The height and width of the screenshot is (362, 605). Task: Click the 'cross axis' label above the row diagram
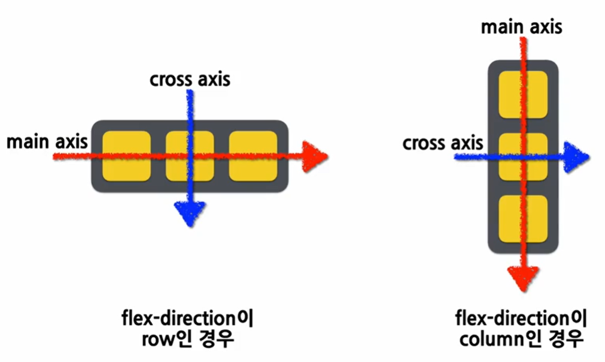point(190,79)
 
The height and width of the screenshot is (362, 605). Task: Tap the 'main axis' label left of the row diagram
point(47,142)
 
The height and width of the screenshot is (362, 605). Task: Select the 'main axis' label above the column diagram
point(522,27)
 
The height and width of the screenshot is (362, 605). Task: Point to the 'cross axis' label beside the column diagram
point(443,143)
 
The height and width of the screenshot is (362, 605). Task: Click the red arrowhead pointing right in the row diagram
point(315,156)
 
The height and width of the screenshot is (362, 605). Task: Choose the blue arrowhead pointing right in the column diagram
point(577,157)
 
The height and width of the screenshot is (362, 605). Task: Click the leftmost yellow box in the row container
point(127,156)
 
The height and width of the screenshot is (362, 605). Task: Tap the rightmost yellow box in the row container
point(253,156)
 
